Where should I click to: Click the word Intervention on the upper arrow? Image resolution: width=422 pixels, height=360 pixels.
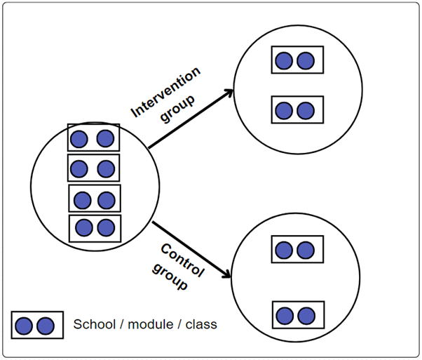(x=166, y=91)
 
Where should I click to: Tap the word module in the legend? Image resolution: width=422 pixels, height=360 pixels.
(x=142, y=325)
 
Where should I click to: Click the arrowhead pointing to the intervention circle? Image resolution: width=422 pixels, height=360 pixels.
(x=229, y=92)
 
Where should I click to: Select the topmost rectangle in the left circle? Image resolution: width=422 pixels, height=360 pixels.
(x=93, y=138)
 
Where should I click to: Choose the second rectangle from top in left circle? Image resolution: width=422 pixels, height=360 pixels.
(x=93, y=168)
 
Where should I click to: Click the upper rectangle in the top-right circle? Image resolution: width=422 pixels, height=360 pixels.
(x=297, y=60)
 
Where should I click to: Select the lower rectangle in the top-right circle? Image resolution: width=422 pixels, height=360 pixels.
(x=297, y=110)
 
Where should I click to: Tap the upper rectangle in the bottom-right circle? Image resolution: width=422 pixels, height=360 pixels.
(x=297, y=249)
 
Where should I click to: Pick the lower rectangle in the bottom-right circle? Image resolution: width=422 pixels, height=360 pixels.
(x=297, y=313)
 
